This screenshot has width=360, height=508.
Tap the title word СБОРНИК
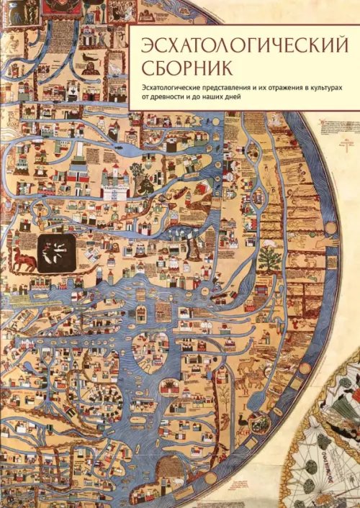pos(177,70)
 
